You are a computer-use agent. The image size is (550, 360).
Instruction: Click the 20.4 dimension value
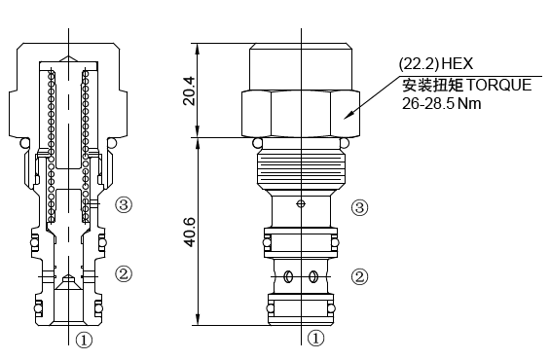click(190, 91)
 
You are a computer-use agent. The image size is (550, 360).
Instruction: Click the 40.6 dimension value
click(190, 233)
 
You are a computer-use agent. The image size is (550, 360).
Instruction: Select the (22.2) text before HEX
click(419, 64)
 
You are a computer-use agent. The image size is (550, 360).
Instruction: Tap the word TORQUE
click(498, 86)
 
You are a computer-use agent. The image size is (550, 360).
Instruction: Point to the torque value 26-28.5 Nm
click(441, 104)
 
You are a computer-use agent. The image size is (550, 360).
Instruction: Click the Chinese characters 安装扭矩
click(432, 86)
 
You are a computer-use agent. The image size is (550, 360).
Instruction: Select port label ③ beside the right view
click(360, 207)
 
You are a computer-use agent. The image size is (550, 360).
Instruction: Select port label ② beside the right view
click(360, 277)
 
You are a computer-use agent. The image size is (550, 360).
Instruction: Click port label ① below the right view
click(316, 339)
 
